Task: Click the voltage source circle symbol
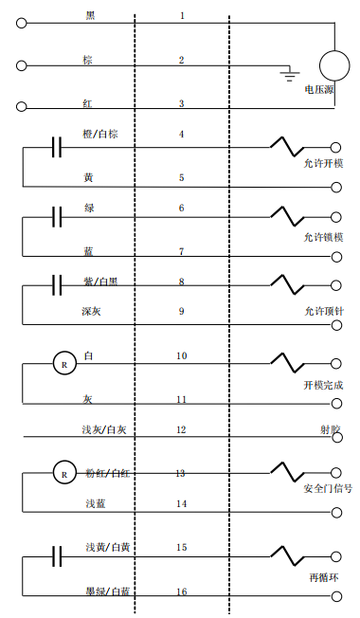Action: (334, 64)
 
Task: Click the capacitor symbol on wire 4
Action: (57, 148)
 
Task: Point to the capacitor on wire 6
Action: (57, 217)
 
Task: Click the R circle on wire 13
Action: (63, 471)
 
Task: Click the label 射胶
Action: (330, 429)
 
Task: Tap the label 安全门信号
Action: (328, 489)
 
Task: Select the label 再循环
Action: (323, 575)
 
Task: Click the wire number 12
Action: (181, 429)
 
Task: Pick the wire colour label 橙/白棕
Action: (100, 134)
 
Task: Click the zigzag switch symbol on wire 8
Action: (287, 283)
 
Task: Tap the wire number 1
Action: (181, 16)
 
